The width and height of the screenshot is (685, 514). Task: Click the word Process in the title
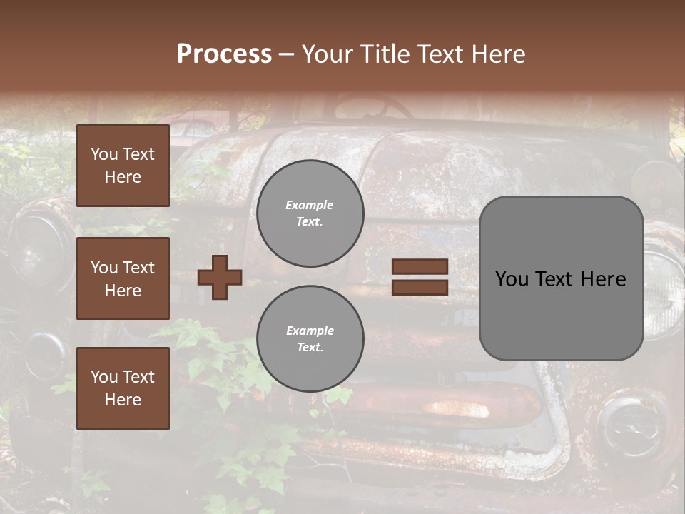224,54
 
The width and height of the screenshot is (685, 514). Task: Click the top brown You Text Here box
123,166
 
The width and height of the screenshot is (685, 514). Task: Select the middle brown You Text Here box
123,278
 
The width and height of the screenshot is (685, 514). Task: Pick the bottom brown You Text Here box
123,388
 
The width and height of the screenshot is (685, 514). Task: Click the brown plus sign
220,277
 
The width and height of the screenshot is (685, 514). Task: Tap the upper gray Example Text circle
310,213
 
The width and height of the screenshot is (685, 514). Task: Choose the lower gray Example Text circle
310,339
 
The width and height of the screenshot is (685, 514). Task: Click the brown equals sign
420,277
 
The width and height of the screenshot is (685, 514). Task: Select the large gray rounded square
562,278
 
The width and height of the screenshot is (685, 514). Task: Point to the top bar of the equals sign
420,267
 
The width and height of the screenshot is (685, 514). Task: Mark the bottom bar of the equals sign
420,287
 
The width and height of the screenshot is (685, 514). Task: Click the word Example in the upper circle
309,205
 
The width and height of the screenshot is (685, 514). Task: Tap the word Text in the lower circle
309,348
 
